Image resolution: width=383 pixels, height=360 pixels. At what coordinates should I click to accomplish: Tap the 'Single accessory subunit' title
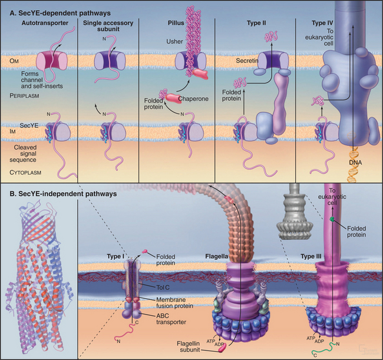click(x=108, y=27)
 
